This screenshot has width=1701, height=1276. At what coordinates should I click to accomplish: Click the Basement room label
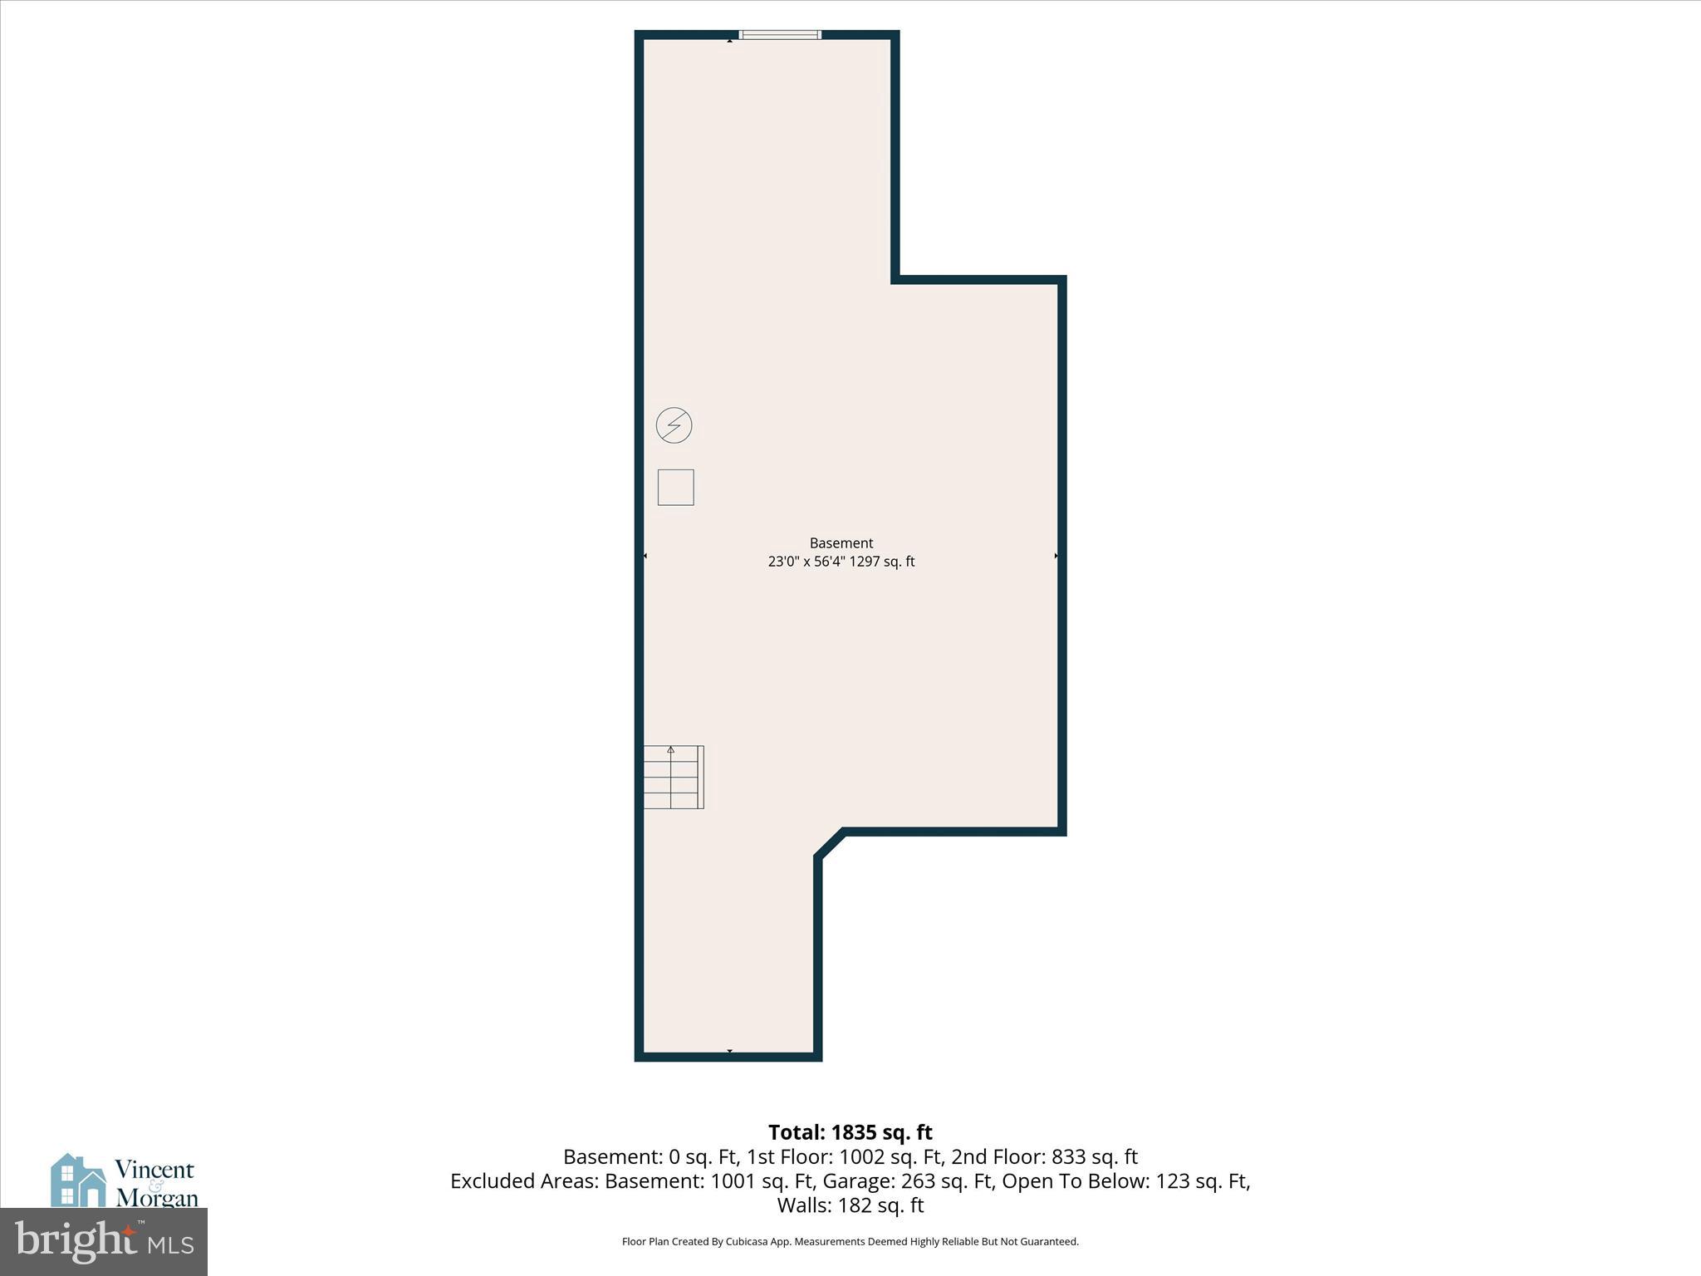[841, 543]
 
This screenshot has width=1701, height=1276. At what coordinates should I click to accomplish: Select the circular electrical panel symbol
[674, 425]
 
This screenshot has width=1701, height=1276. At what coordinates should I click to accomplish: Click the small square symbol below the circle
[675, 488]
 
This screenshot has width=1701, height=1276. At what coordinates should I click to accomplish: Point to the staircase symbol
[673, 778]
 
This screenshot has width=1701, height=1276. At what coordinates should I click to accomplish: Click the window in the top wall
[780, 35]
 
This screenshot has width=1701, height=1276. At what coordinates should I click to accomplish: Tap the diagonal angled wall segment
[830, 843]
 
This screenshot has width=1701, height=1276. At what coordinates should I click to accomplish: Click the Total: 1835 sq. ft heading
[850, 1132]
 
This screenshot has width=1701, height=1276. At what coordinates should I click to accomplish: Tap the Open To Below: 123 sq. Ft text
[1125, 1180]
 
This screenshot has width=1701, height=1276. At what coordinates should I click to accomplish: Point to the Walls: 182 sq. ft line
[850, 1205]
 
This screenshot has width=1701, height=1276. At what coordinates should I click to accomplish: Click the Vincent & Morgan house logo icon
[78, 1180]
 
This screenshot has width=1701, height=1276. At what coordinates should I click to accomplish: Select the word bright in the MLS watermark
[75, 1241]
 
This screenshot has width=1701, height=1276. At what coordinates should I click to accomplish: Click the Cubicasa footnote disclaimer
[850, 1242]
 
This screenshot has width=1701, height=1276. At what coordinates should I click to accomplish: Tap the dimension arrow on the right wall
[1056, 556]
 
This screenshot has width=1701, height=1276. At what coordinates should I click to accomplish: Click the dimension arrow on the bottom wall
[729, 1052]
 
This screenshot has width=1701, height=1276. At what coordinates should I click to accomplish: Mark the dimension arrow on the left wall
[645, 556]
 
